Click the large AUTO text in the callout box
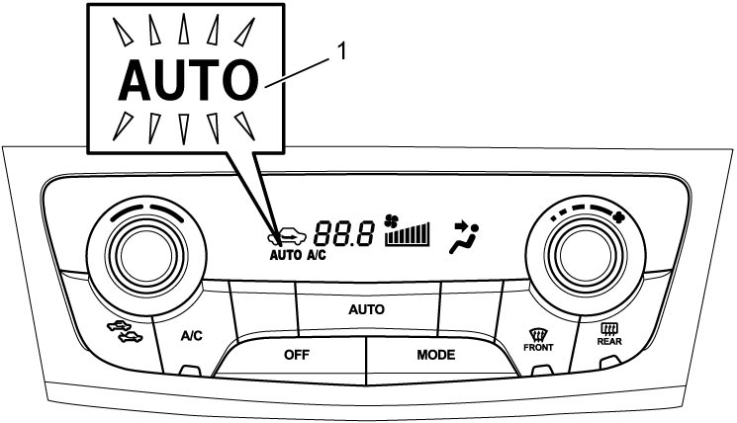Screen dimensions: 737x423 (x=189, y=80)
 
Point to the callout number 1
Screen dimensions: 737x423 (x=342, y=51)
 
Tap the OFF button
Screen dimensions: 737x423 (x=297, y=355)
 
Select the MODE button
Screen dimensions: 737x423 (x=435, y=355)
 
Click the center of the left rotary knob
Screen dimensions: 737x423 (x=146, y=255)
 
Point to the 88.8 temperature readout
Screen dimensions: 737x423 (x=344, y=233)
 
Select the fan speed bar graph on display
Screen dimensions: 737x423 (x=408, y=234)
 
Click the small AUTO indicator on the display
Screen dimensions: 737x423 (x=286, y=255)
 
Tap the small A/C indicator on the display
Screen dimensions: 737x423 (x=317, y=255)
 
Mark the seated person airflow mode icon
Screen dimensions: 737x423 (x=464, y=237)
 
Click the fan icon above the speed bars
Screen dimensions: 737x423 (x=391, y=220)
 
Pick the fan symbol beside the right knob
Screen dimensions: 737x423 (x=620, y=216)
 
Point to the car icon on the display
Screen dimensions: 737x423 (x=287, y=236)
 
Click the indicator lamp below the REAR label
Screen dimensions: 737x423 (x=609, y=362)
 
